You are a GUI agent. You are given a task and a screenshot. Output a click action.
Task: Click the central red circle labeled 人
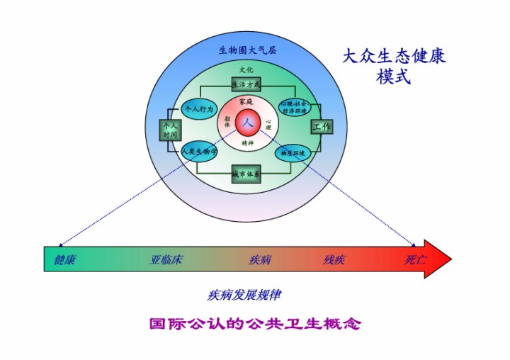[247, 122]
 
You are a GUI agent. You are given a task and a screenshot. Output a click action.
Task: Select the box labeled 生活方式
[246, 84]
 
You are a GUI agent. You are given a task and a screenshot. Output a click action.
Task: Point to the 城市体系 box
[246, 173]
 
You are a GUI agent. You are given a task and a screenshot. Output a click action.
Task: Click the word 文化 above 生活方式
[246, 70]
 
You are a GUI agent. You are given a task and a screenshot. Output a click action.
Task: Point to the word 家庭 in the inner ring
[246, 102]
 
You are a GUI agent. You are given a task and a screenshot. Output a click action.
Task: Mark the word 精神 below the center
[247, 142]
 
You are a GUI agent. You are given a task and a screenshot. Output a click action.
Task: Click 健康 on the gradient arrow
[65, 259]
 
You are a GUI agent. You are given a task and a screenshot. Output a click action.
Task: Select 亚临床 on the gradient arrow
[166, 259]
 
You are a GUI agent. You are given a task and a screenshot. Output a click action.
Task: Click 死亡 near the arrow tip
[416, 259]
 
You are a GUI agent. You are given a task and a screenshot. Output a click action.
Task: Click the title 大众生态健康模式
[394, 66]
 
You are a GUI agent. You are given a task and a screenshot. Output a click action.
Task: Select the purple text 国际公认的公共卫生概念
[255, 325]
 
